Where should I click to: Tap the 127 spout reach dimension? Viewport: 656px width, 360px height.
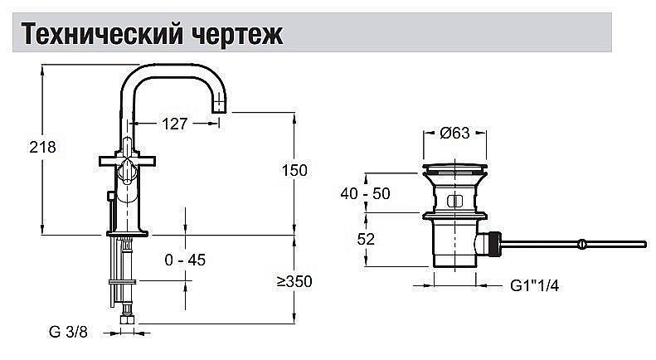[173, 124]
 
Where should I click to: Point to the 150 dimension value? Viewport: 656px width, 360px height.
[294, 170]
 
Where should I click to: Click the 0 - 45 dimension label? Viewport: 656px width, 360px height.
[184, 260]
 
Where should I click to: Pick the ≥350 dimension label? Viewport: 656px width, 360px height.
[294, 282]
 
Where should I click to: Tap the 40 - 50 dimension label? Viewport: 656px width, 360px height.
[365, 194]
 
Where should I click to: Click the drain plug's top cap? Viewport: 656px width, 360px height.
[454, 168]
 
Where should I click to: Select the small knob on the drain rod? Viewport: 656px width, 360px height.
[583, 243]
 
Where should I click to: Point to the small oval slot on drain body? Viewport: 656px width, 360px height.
[454, 201]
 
